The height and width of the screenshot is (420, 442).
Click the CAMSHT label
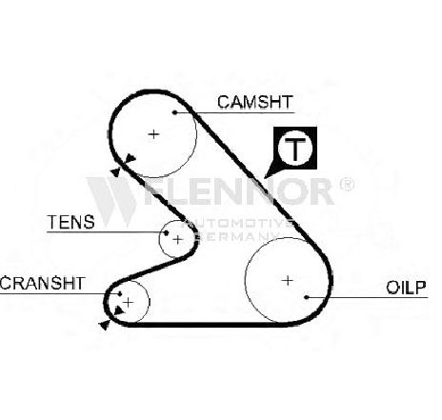pyautogui.click(x=255, y=102)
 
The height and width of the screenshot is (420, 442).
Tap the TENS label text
pyautogui.click(x=70, y=222)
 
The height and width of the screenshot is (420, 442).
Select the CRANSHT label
pyautogui.click(x=42, y=283)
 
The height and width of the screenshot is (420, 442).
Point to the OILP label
pyautogui.click(x=406, y=288)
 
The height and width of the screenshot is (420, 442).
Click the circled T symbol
pyautogui.click(x=295, y=148)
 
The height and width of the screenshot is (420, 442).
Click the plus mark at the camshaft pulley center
pyautogui.click(x=153, y=134)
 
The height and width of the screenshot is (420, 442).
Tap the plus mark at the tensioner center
pyautogui.click(x=178, y=239)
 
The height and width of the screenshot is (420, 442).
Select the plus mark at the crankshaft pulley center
pyautogui.click(x=128, y=302)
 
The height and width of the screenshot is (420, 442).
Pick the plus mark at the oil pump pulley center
pyautogui.click(x=288, y=280)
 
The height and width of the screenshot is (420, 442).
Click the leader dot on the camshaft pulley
pyautogui.click(x=174, y=112)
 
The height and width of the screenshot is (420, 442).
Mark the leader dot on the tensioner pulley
pyautogui.click(x=166, y=232)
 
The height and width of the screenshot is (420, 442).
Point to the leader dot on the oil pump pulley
pyautogui.click(x=307, y=297)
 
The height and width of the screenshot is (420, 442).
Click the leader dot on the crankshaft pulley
pyautogui.click(x=120, y=293)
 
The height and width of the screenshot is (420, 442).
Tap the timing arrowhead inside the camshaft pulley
pyautogui.click(x=131, y=158)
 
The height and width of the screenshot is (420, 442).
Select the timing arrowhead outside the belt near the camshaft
pyautogui.click(x=115, y=172)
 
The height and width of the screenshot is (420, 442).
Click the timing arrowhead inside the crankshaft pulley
pyautogui.click(x=119, y=310)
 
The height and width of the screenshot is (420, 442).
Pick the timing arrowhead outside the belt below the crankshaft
pyautogui.click(x=105, y=325)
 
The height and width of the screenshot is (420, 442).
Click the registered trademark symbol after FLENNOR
pyautogui.click(x=347, y=185)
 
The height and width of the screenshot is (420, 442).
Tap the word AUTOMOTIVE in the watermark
pyautogui.click(x=239, y=223)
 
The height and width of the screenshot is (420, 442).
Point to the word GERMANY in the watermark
pyautogui.click(x=239, y=236)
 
